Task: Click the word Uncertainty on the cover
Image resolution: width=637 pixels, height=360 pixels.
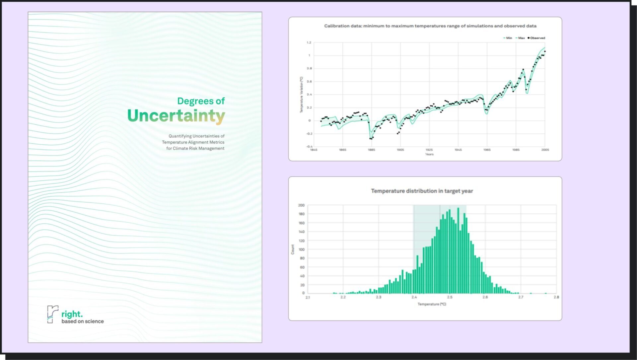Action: [176, 116]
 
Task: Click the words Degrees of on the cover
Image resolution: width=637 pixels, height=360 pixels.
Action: [201, 101]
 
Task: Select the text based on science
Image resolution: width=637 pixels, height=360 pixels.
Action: [83, 321]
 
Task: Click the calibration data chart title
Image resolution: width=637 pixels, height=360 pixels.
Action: [430, 26]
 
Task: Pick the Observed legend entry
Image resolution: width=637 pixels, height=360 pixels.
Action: [536, 38]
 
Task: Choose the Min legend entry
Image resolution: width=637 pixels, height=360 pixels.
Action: [508, 38]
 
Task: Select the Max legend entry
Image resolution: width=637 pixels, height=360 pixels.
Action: [520, 38]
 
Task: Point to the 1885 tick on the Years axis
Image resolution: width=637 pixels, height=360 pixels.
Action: [371, 150]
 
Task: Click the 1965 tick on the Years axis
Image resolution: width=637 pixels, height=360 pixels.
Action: [487, 150]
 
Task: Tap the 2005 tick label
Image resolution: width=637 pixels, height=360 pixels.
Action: [545, 150]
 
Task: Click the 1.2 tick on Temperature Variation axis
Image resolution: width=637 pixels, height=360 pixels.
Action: [309, 42]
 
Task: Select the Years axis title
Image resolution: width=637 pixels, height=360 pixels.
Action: [429, 154]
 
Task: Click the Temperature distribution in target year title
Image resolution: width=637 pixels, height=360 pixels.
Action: [422, 191]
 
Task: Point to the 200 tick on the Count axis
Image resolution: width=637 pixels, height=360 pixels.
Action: [301, 205]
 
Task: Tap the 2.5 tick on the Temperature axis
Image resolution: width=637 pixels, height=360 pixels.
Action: [450, 297]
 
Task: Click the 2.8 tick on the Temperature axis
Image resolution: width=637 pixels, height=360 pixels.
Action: [556, 297]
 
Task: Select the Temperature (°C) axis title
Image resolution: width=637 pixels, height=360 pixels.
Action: [432, 304]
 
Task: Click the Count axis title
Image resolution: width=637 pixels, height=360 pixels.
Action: [293, 250]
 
